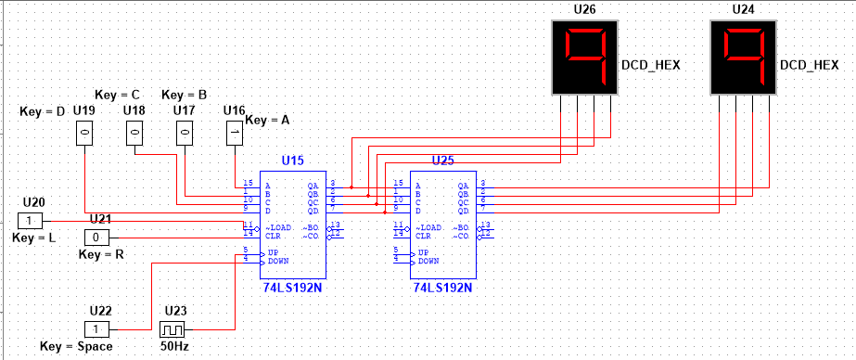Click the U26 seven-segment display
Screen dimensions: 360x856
pyautogui.click(x=584, y=57)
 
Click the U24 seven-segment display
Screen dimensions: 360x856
pyautogui.click(x=743, y=57)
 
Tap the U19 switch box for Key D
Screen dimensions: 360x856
pyautogui.click(x=84, y=134)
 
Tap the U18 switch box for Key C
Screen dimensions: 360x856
pyautogui.click(x=135, y=134)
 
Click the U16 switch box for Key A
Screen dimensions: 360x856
pyautogui.click(x=236, y=134)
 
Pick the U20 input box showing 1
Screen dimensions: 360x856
pyautogui.click(x=31, y=221)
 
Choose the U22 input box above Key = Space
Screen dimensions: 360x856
pyautogui.click(x=97, y=329)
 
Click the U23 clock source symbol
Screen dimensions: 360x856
pyautogui.click(x=172, y=329)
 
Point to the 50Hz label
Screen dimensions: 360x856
pyautogui.click(x=173, y=347)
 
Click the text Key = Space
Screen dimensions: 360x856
pyautogui.click(x=76, y=347)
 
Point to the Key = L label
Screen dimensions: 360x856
pyautogui.click(x=36, y=238)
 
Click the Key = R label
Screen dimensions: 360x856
pyautogui.click(x=102, y=253)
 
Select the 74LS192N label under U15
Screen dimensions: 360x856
pyautogui.click(x=291, y=288)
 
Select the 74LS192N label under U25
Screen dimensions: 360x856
pyautogui.click(x=442, y=288)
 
